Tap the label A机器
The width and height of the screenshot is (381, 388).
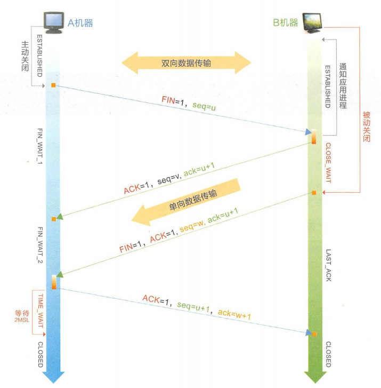tap(80, 22)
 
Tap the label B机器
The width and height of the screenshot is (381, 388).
tap(285, 22)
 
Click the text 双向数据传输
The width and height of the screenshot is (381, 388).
tap(186, 63)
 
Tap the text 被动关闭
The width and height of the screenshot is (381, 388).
tap(366, 128)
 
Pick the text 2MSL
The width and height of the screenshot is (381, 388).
tap(23, 321)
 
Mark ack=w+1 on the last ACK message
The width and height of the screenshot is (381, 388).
tap(234, 315)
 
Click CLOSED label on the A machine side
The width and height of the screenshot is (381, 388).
tap(40, 354)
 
